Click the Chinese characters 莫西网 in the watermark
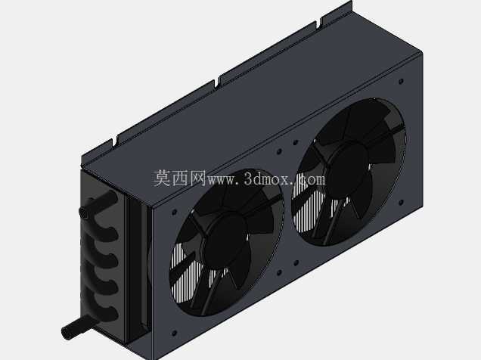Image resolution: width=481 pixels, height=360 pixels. point(179,178)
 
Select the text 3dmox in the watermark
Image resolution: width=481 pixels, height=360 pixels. point(267,179)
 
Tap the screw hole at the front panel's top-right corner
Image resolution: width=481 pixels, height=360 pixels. point(402,81)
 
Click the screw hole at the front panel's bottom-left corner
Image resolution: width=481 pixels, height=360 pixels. point(174,333)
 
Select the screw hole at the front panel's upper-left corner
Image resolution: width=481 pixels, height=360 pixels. point(174,212)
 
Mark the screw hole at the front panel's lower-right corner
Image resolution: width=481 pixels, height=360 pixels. point(402,203)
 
